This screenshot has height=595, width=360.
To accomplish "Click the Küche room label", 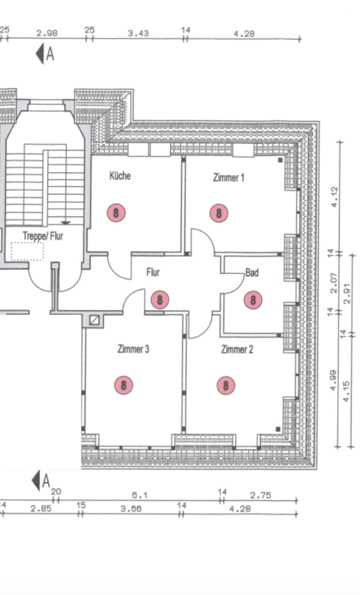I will point(120,176).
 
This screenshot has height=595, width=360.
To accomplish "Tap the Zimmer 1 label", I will point(228,177).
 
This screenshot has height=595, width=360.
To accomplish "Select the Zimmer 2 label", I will point(237,349).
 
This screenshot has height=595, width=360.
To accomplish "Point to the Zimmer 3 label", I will point(133,349).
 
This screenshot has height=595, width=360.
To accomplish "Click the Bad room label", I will point(252,273).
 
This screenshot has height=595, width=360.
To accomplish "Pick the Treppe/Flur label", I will point(42,236).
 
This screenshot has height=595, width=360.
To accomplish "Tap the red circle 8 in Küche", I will point(116,212).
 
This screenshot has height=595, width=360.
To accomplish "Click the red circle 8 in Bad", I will point(252,300).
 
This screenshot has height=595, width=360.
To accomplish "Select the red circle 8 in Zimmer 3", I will point(123,385).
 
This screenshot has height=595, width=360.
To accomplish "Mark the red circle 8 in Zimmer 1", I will point(219,213).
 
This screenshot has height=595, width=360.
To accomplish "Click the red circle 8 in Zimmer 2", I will point(225,385).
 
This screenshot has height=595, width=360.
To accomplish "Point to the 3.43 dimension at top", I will point(138,33).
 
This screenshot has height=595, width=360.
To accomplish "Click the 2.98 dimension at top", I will point(47,33).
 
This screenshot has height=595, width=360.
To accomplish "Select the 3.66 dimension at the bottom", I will point(131,509).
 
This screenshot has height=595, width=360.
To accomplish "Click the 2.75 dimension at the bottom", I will point(261,496).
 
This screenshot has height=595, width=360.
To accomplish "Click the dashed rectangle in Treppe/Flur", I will point(27,251).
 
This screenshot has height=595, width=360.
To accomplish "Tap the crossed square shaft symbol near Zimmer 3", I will point(94,319).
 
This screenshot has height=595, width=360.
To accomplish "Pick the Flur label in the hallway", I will point(153,273).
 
